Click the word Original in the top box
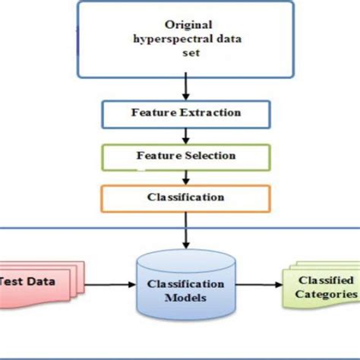pyautogui.click(x=185, y=25)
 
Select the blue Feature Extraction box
pyautogui.click(x=185, y=113)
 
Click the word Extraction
pyautogui.click(x=212, y=113)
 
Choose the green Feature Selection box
pyautogui.click(x=185, y=156)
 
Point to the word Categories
pyautogui.click(x=327, y=293)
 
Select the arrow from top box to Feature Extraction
pyautogui.click(x=185, y=87)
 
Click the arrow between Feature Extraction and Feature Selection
pyautogui.click(x=185, y=134)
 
